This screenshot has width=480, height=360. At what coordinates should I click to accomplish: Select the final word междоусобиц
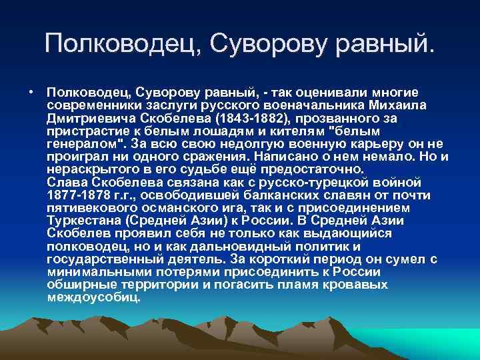tap(93, 297)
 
